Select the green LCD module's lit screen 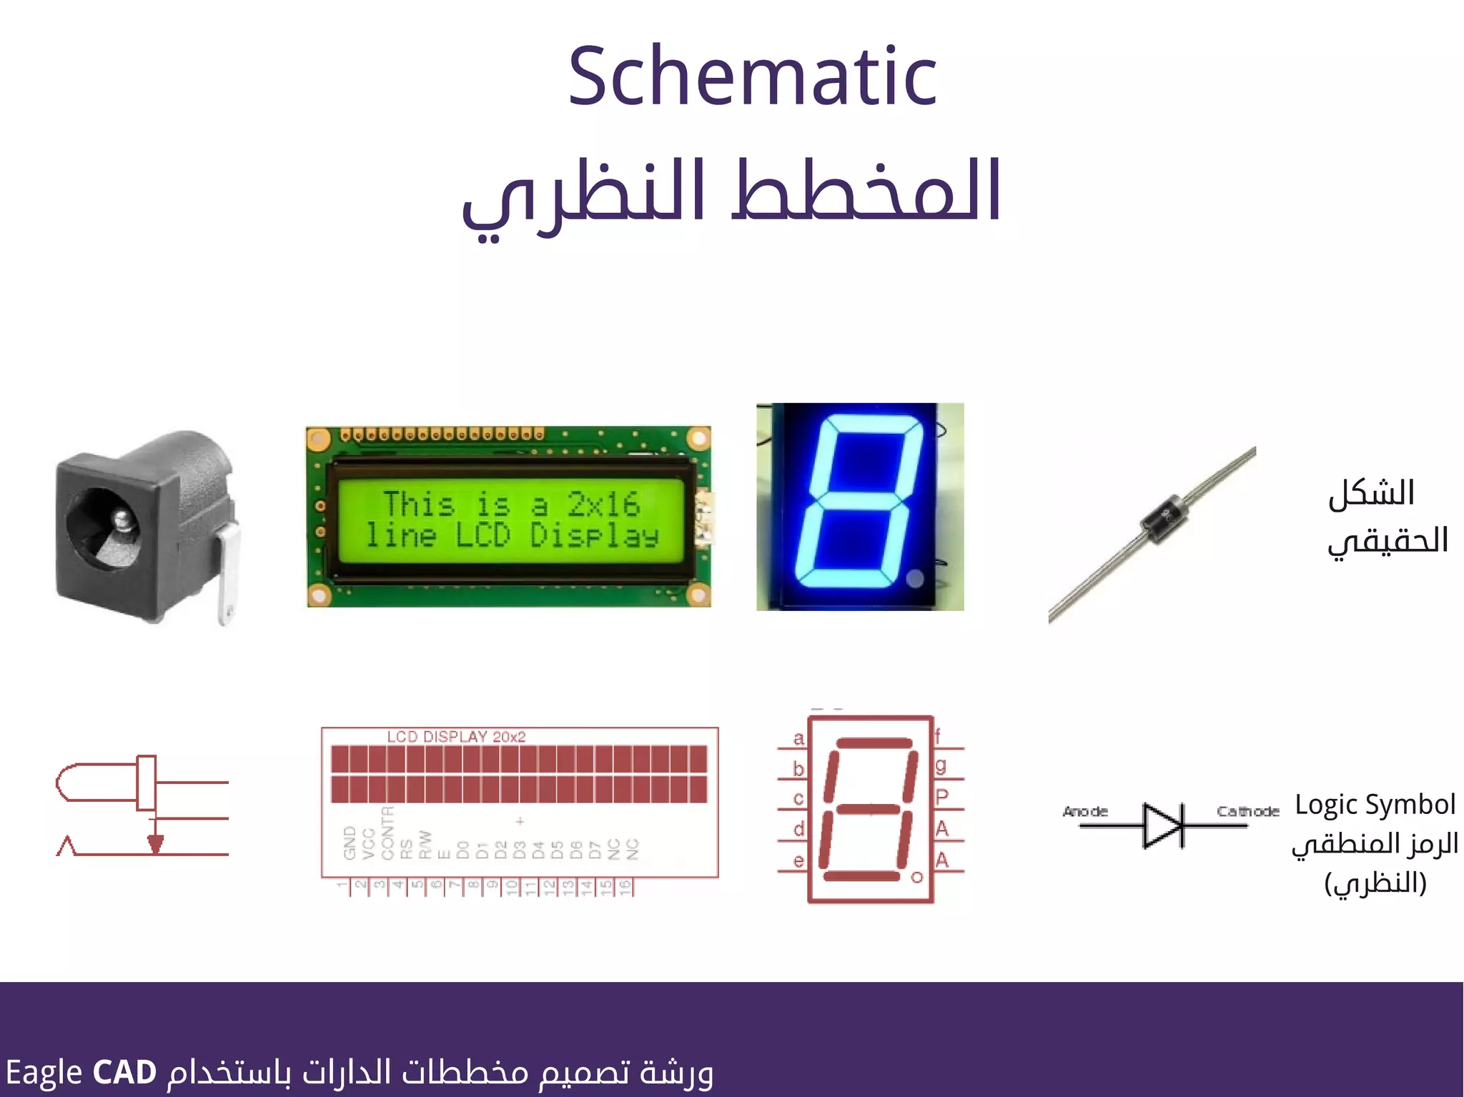click(x=510, y=520)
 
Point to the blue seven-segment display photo click(x=860, y=506)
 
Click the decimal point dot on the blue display click(x=914, y=577)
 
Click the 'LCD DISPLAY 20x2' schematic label click(x=456, y=737)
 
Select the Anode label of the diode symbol click(x=1085, y=811)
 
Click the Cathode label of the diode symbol click(x=1247, y=811)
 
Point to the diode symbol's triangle click(x=1162, y=825)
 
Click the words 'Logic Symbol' click(x=1375, y=805)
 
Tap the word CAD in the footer click(x=124, y=1072)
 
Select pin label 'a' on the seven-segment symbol click(x=798, y=738)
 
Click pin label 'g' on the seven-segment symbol click(x=941, y=765)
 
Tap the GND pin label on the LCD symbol click(x=350, y=843)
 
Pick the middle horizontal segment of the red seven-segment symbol click(x=868, y=809)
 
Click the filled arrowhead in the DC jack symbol click(x=155, y=844)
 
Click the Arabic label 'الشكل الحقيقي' click(x=1387, y=517)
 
